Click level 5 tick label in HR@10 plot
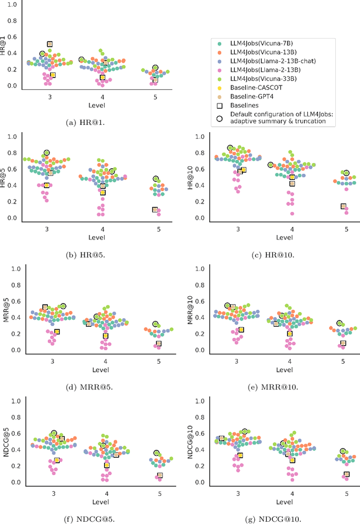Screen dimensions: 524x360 click(x=345, y=229)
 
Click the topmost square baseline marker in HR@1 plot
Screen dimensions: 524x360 click(x=49, y=44)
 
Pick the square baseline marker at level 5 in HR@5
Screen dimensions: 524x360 click(x=155, y=210)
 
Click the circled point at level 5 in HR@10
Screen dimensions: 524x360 click(x=346, y=173)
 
